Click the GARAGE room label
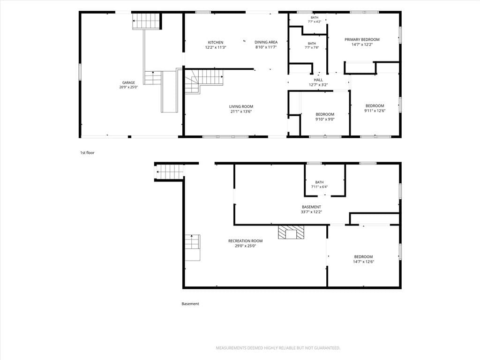128,82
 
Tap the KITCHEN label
216,43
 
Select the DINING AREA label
266,42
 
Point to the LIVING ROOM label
241,106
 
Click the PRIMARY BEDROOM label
362,39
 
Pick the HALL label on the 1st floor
318,80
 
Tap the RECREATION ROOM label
246,241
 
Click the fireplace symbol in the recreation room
291,232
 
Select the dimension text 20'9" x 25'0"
128,87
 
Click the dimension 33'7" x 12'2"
312,211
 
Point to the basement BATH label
319,182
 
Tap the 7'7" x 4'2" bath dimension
315,22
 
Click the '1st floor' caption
87,152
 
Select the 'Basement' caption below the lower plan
190,304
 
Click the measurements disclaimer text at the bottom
278,348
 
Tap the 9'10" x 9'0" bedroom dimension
325,120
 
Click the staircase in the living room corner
203,82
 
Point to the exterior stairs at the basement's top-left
170,172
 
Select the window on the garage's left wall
80,72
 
